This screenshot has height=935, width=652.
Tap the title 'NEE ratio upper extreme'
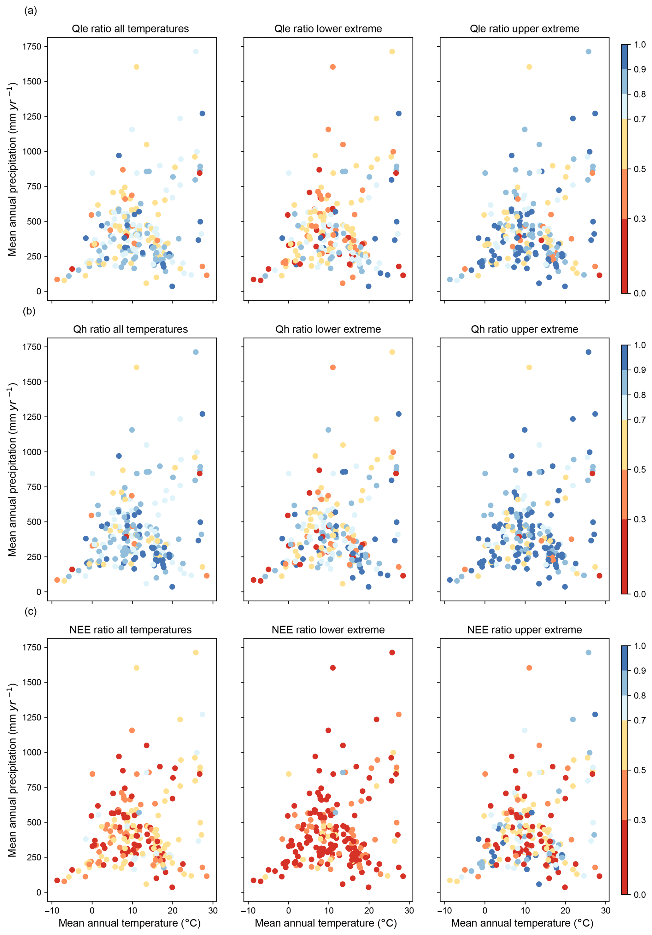click(525, 630)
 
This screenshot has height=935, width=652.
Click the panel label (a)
click(31, 11)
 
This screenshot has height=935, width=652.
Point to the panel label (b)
click(29, 311)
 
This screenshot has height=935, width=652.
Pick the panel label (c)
click(31, 611)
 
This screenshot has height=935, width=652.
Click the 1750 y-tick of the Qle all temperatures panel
click(32, 46)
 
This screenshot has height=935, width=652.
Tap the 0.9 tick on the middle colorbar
click(640, 370)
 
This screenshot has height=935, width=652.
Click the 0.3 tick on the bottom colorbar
click(640, 820)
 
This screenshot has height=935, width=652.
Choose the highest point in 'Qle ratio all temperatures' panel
click(196, 52)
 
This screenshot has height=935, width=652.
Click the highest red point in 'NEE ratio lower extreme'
click(392, 653)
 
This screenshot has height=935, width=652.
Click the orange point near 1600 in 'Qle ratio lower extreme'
click(333, 67)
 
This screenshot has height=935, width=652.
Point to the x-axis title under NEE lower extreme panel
click(326, 923)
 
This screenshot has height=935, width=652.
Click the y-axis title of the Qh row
click(12, 469)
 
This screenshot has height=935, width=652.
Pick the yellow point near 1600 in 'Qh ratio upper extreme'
click(529, 367)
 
